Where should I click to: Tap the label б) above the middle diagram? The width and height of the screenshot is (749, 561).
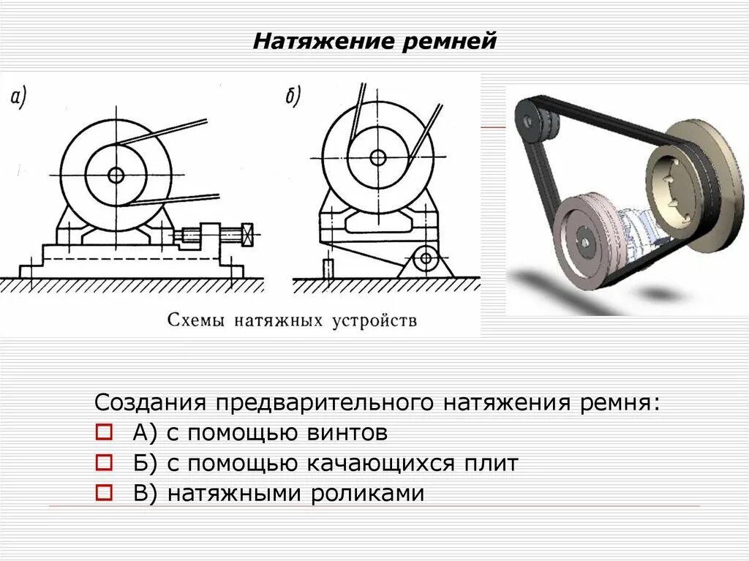click(x=293, y=97)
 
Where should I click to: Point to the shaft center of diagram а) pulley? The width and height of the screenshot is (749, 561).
click(x=116, y=175)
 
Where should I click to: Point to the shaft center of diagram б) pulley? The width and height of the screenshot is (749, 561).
click(x=377, y=157)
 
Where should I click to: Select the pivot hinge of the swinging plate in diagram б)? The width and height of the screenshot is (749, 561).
click(x=425, y=258)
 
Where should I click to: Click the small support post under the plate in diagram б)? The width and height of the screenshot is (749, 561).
click(x=328, y=268)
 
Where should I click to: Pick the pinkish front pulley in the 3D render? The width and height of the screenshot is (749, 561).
click(x=585, y=238)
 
